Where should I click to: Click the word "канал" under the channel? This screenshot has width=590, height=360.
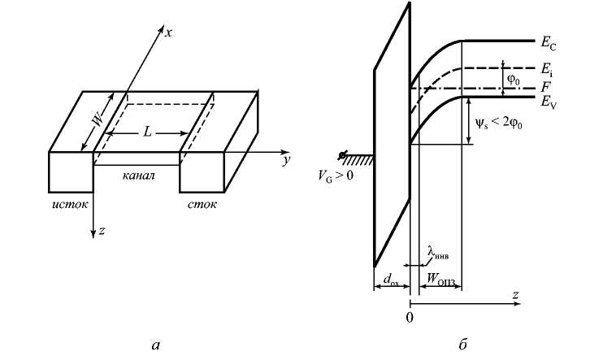138,176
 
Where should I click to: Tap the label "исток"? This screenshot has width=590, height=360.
70,204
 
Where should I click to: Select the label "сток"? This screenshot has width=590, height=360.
202,204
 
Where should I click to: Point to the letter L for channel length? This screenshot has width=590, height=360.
147,132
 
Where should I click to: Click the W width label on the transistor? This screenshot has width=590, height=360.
98,119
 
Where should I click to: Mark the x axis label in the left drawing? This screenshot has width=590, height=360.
168,33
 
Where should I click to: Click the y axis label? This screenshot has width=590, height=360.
287,161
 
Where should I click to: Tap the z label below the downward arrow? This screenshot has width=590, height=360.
102,231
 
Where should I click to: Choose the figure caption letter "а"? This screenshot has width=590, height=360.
155,345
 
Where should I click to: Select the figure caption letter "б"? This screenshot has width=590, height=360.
462,344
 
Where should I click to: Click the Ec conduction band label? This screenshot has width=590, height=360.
549,43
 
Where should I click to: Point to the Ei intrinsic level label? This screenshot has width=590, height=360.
547,70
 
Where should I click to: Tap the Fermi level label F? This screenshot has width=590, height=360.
546,87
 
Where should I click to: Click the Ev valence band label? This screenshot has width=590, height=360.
549,102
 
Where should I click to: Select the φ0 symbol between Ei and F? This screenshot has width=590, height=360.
514,80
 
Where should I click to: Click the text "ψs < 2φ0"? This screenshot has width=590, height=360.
498,123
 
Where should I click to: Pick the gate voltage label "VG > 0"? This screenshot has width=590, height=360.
336,176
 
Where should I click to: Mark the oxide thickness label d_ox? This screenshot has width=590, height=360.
391,280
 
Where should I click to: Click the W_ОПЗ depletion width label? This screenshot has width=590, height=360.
440,280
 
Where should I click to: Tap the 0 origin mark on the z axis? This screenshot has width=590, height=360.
410,318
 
